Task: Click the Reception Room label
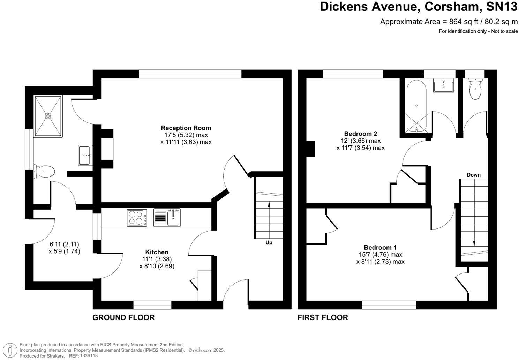(186, 128)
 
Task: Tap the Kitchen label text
(157, 252)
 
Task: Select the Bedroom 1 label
(380, 247)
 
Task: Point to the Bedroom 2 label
(360, 134)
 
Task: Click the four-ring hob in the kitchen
(137, 218)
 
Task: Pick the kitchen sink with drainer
(167, 218)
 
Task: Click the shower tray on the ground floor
(48, 116)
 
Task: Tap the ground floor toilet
(44, 172)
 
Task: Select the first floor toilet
(475, 90)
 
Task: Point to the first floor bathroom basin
(443, 85)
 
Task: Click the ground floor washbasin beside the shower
(85, 155)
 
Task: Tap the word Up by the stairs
(269, 242)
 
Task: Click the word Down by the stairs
(473, 175)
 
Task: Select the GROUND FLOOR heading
(123, 317)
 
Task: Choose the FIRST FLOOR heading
(323, 317)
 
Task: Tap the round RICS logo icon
(12, 350)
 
